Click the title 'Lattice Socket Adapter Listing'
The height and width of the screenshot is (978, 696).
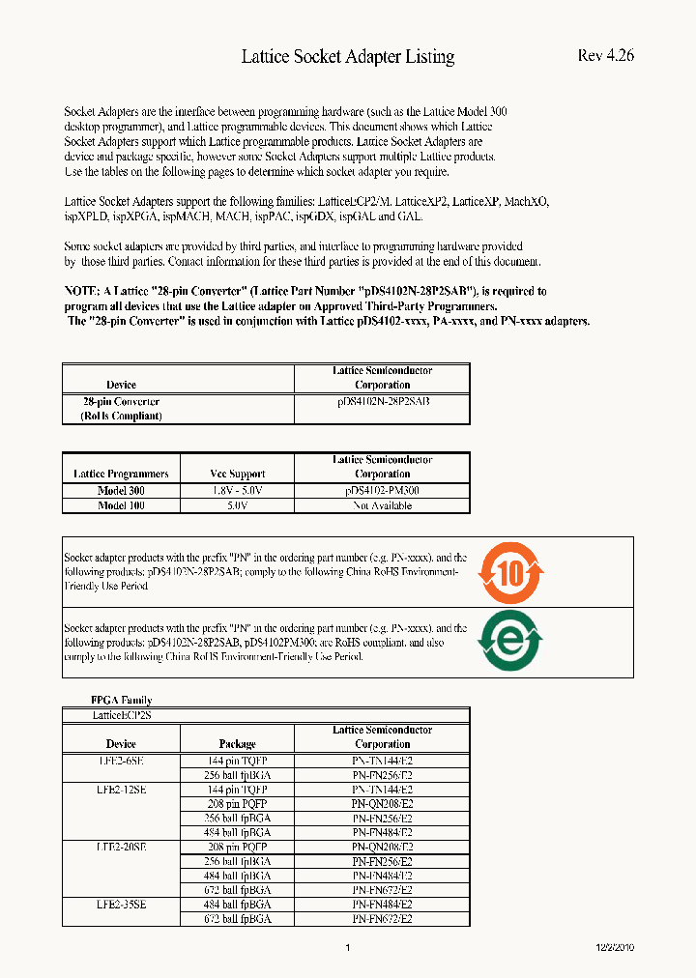347,57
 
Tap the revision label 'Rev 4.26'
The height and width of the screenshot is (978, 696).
605,55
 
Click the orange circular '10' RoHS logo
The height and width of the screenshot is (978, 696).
511,573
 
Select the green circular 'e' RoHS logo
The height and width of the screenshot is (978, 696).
511,641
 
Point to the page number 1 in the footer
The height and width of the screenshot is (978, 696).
347,948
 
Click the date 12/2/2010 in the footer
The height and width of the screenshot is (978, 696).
614,948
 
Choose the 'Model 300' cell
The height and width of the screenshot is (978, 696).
121,491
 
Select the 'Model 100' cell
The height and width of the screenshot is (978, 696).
121,505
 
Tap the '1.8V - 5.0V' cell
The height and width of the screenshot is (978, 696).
237,491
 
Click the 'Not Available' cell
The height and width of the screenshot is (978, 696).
382,505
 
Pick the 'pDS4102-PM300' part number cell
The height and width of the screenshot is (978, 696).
382,491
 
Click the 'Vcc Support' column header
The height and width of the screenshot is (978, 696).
237,475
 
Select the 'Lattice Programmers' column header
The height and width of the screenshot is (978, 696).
121,475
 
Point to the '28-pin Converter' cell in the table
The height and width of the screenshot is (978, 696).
121,401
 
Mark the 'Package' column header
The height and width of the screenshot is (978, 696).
237,744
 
